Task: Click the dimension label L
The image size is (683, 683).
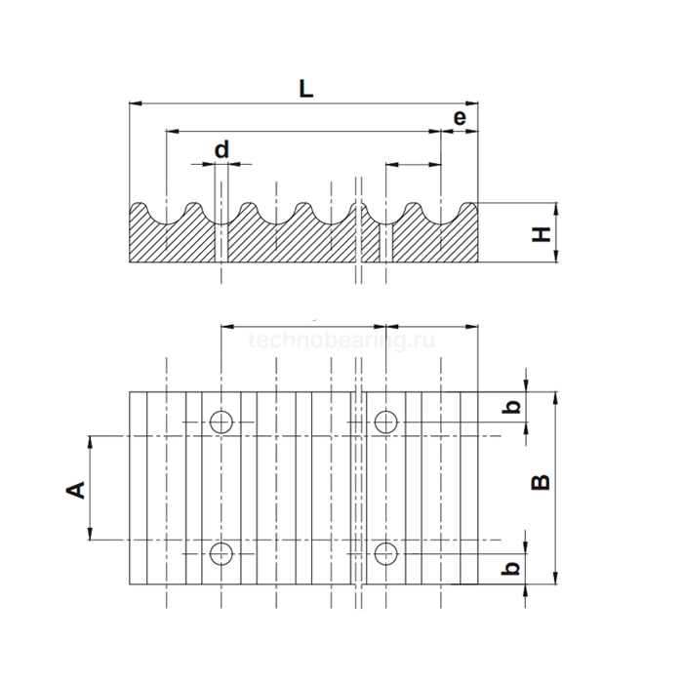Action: click(x=305, y=88)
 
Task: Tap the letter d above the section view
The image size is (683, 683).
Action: click(x=221, y=149)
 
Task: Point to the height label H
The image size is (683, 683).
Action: click(x=541, y=233)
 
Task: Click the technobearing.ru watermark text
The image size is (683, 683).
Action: click(x=341, y=340)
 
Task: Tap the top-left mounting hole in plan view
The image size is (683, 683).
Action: click(x=221, y=422)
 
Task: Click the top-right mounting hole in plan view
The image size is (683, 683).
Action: click(x=386, y=422)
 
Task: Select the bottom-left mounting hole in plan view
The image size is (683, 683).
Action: click(x=221, y=553)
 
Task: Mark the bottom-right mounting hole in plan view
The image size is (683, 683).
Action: click(x=386, y=553)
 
